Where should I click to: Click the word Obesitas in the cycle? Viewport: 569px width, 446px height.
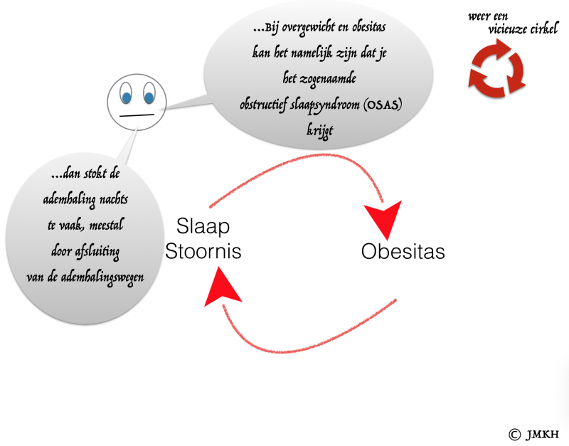403,252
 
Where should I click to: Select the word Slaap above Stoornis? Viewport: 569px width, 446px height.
203,227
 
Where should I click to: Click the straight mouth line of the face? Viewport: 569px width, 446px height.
137,115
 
